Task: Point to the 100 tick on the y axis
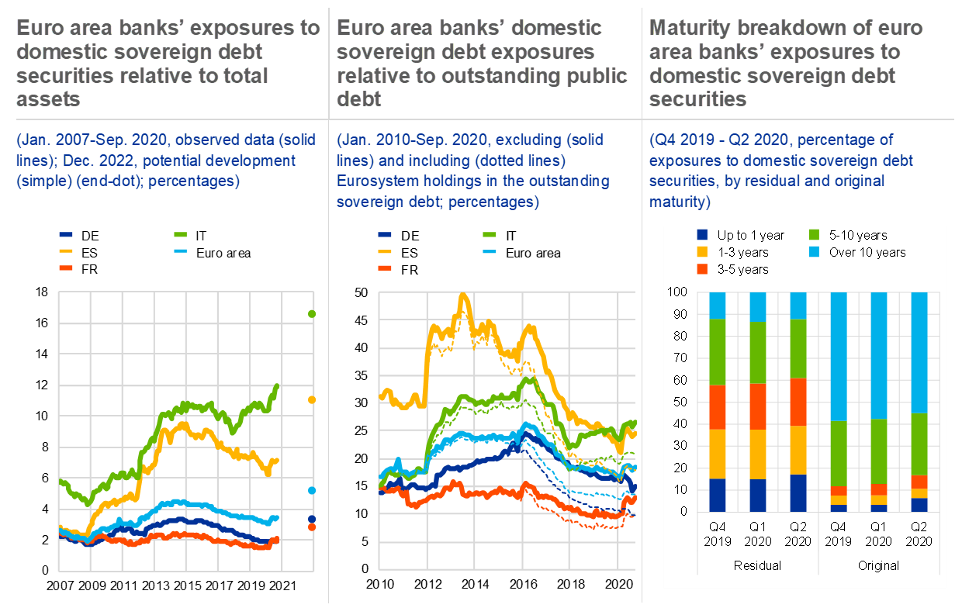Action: pos(678,292)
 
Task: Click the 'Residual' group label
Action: pos(757,565)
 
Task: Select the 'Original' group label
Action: pos(878,565)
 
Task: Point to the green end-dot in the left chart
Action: pos(312,314)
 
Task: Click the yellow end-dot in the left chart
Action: pos(312,399)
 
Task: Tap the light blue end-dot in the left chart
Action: pos(312,490)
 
